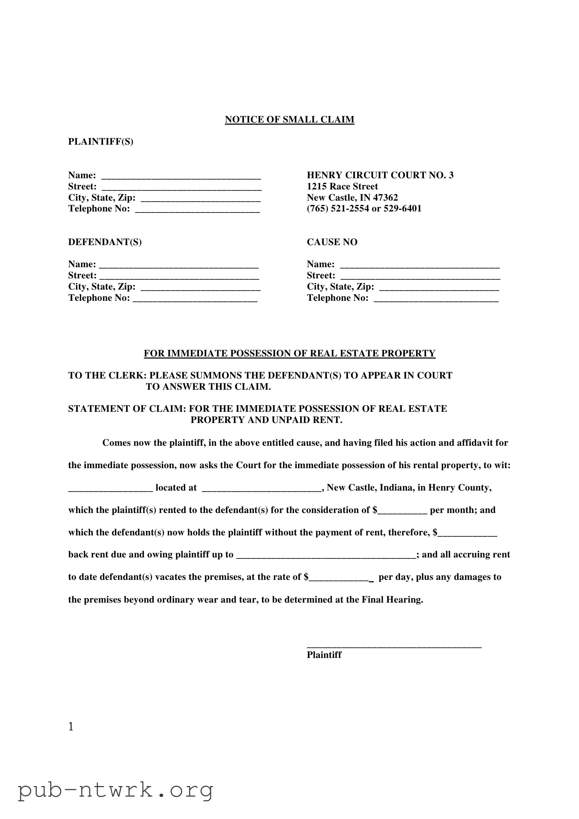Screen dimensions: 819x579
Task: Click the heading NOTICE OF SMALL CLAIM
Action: pyautogui.click(x=289, y=119)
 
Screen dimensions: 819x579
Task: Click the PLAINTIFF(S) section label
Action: pyautogui.click(x=101, y=141)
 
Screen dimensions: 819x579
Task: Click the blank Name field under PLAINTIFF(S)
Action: pyautogui.click(x=181, y=176)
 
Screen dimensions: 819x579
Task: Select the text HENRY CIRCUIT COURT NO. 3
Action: pyautogui.click(x=380, y=175)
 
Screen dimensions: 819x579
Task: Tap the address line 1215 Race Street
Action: pyautogui.click(x=342, y=187)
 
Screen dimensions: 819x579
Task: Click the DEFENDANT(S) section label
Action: pyautogui.click(x=105, y=242)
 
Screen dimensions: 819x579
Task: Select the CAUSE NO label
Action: pyautogui.click(x=332, y=242)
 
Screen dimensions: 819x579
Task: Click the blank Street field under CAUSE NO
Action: pyautogui.click(x=420, y=276)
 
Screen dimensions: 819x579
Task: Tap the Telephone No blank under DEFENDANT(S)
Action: pyautogui.click(x=195, y=299)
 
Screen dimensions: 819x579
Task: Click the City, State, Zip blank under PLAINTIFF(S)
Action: pyautogui.click(x=200, y=198)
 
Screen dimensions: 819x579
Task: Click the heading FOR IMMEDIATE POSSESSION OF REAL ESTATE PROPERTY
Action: pyautogui.click(x=289, y=354)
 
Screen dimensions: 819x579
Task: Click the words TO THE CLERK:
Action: pyautogui.click(x=108, y=376)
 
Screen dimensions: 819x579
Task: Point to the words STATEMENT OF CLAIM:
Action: pyautogui.click(x=127, y=409)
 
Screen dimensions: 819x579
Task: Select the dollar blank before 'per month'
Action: pyautogui.click(x=402, y=511)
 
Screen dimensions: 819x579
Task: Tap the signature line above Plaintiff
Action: pyautogui.click(x=394, y=645)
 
